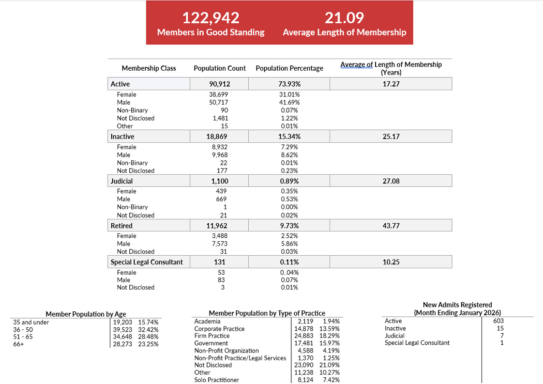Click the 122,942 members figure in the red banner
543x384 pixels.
[x=211, y=18]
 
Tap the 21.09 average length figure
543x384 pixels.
[x=344, y=18]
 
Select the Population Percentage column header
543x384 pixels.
[x=289, y=68]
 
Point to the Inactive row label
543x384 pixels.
[x=122, y=137]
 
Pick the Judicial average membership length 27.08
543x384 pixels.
[x=391, y=181]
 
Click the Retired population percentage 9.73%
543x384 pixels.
[x=289, y=226]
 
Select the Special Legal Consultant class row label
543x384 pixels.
[x=147, y=262]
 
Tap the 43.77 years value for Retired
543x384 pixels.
[x=391, y=226]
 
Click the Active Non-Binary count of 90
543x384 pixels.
[x=223, y=110]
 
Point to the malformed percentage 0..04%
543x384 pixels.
[x=289, y=273]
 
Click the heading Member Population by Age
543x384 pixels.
[x=86, y=314]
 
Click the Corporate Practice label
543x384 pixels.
[x=219, y=329]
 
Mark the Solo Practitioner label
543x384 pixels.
[x=216, y=380]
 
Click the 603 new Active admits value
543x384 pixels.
[x=498, y=321]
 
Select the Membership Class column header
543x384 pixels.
[x=149, y=68]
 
